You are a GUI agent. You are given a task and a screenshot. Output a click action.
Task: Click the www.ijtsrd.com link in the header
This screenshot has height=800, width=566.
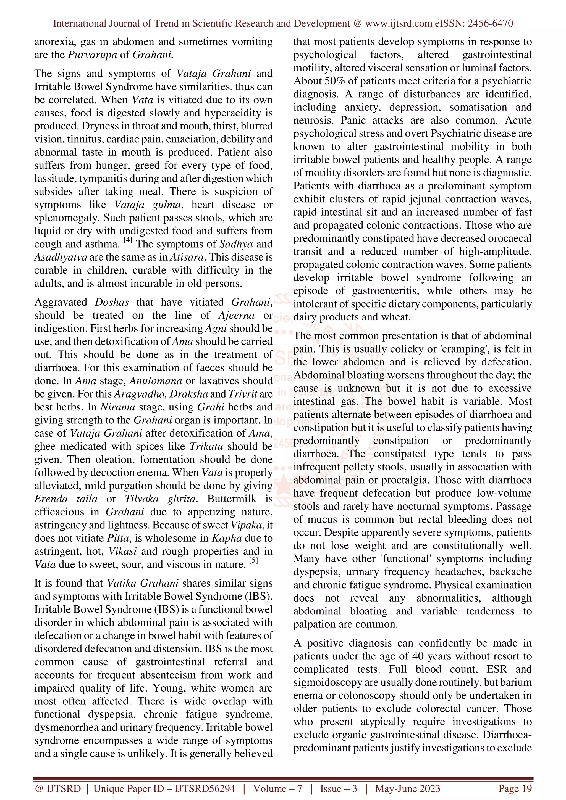[x=398, y=23]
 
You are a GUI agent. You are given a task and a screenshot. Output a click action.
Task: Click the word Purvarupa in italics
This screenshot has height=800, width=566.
[x=92, y=55]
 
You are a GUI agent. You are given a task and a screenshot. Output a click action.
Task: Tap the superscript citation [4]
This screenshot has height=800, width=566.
[x=128, y=240]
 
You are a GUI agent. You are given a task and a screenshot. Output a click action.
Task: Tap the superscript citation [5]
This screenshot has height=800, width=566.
[x=253, y=560]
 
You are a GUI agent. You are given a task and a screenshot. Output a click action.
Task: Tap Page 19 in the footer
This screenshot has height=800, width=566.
[x=515, y=788]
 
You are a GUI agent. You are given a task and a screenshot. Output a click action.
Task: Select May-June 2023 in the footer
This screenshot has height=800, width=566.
[x=407, y=788]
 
